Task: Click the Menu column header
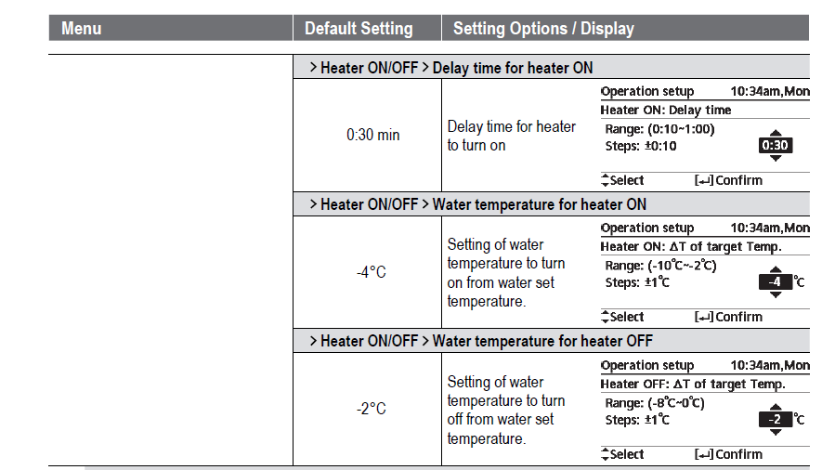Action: click(x=81, y=29)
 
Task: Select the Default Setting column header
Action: click(x=359, y=29)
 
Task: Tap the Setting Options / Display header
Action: click(x=543, y=29)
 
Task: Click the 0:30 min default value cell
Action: click(x=372, y=136)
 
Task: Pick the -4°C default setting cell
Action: click(x=371, y=273)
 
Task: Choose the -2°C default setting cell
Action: click(x=371, y=409)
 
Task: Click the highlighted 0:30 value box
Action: click(x=775, y=146)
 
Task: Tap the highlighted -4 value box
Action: click(x=775, y=282)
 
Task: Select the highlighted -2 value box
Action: click(x=775, y=420)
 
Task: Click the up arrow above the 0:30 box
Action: click(x=776, y=133)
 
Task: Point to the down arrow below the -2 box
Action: click(x=776, y=433)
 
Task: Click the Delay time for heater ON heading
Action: click(x=513, y=68)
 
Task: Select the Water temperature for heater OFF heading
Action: click(x=542, y=341)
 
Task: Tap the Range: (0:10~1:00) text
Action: click(x=659, y=129)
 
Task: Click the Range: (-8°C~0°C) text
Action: click(x=655, y=403)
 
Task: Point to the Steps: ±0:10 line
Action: click(x=641, y=147)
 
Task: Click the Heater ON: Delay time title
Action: click(x=666, y=110)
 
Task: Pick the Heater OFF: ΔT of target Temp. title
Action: click(x=693, y=384)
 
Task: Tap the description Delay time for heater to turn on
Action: click(x=511, y=136)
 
